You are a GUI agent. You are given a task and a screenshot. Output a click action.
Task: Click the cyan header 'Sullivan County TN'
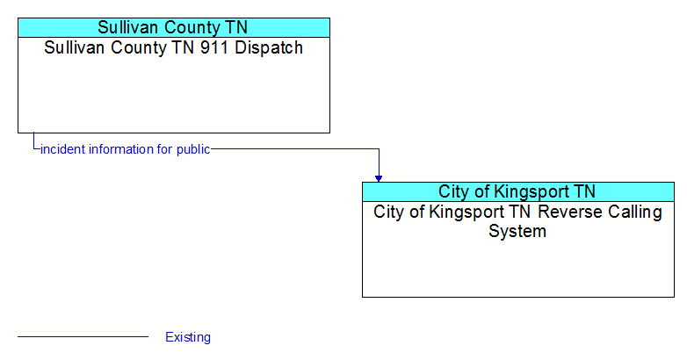(173, 27)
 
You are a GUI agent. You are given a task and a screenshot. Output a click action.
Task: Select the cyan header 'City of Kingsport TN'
(517, 191)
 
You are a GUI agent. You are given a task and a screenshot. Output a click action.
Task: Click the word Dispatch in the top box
(269, 47)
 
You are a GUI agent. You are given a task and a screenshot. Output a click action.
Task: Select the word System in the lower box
(517, 231)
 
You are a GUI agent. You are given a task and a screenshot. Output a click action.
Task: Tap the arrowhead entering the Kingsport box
(379, 179)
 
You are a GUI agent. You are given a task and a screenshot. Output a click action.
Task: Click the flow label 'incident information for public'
(126, 149)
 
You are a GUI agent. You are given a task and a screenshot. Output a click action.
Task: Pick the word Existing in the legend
(188, 337)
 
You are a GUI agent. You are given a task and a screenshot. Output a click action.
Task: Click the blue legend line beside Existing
(83, 337)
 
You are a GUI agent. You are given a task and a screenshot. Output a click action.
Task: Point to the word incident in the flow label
(63, 149)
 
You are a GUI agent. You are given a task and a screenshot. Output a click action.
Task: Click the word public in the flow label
(193, 150)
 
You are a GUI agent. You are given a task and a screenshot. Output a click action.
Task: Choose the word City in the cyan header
(452, 192)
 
